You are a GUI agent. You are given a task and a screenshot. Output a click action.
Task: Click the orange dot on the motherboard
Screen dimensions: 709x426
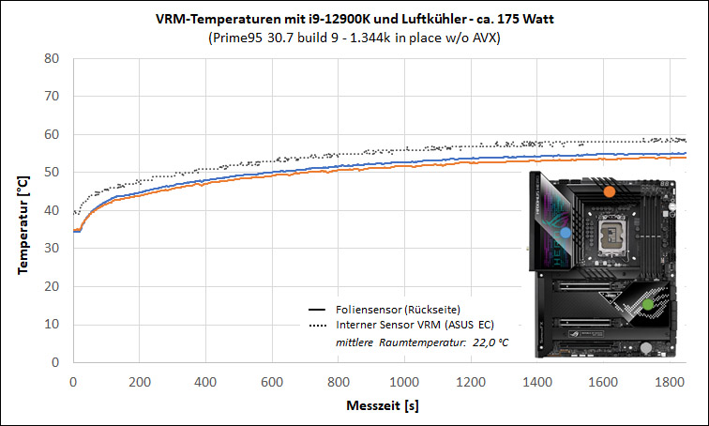[609, 191]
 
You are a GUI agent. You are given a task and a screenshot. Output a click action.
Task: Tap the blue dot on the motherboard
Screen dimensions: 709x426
[566, 233]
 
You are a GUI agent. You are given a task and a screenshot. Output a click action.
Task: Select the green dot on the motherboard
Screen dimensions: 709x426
[648, 304]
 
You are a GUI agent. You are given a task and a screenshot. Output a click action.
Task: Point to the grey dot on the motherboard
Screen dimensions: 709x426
[646, 348]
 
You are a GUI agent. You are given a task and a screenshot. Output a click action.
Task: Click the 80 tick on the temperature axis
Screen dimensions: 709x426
[52, 58]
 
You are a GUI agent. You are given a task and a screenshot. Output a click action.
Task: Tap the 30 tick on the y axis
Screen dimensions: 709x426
[52, 248]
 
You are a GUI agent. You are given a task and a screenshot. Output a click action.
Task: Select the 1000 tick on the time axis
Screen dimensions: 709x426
[404, 382]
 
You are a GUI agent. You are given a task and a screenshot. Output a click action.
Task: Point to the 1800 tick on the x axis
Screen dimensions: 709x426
[670, 382]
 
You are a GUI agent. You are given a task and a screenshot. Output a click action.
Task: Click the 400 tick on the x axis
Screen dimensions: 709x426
[205, 382]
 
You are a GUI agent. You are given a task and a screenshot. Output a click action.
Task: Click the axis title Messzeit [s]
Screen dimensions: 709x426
[383, 405]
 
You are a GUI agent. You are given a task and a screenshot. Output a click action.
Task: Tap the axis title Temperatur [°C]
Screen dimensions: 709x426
[23, 225]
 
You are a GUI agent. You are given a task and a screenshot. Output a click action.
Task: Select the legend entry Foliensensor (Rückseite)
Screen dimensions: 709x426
[398, 310]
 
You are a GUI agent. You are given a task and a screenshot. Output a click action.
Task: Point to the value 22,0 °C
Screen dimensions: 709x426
[490, 342]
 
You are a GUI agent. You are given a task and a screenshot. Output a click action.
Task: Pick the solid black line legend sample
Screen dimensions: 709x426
[317, 310]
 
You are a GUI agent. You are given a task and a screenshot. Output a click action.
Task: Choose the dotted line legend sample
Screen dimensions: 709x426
[317, 326]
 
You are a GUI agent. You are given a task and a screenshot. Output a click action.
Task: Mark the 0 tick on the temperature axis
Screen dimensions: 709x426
[55, 362]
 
